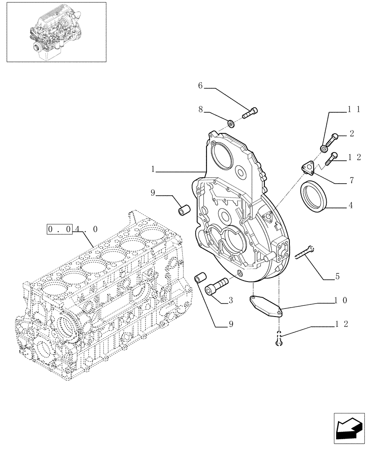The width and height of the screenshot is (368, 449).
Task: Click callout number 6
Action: [201, 86]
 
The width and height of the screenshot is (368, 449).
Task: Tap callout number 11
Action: [354, 109]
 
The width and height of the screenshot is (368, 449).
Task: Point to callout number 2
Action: [351, 133]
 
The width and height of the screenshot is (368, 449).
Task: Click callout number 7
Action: [351, 181]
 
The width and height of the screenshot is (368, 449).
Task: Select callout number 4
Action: [350, 207]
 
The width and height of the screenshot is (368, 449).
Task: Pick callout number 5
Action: [337, 277]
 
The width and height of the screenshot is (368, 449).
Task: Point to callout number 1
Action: [153, 169]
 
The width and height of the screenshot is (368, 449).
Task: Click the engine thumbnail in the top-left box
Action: [56, 31]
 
